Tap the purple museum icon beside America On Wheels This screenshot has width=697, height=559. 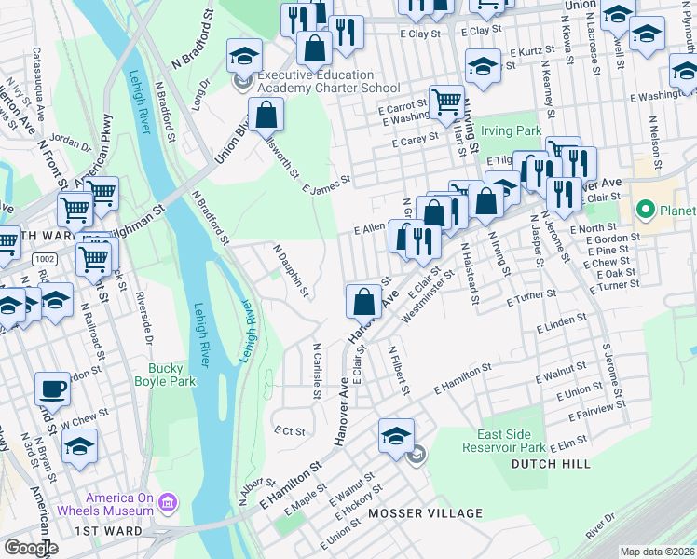pos(168,504)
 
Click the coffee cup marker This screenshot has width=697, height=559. pos(52,389)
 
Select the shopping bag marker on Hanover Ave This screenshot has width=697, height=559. pos(363,302)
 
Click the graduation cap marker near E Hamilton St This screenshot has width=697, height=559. pos(397,435)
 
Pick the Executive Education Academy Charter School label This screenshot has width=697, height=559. pos(315,81)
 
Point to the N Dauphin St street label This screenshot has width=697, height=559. pos(290,271)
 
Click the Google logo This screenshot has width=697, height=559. pos(31,548)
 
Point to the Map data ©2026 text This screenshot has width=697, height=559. pos(656,552)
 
